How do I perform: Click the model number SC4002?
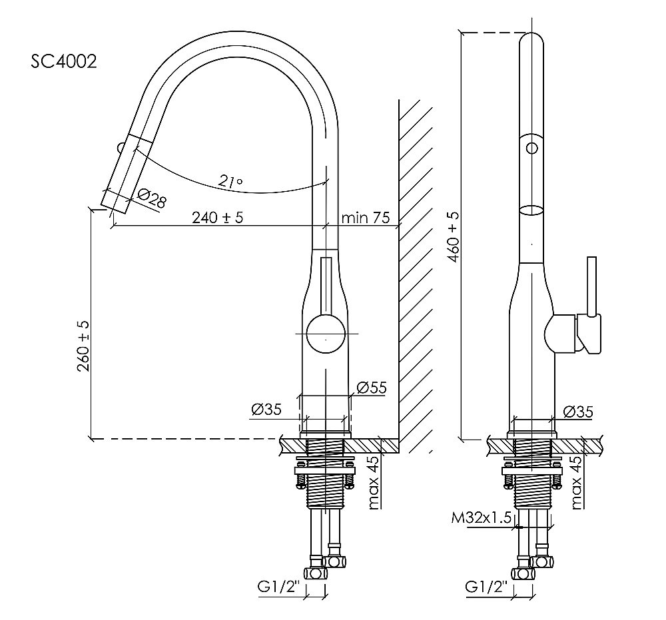click(x=64, y=61)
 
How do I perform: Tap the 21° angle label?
click(x=230, y=181)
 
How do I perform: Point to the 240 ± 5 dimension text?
click(x=218, y=217)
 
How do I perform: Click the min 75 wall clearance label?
click(x=365, y=217)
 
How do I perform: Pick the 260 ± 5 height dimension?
click(x=83, y=346)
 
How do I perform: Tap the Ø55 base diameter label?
click(x=372, y=388)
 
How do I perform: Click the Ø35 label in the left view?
click(x=266, y=410)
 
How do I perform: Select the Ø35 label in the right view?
click(x=577, y=411)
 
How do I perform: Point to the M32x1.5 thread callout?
click(x=481, y=518)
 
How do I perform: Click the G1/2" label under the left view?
click(x=278, y=587)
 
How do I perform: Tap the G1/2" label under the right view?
click(x=487, y=587)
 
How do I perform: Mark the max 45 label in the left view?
click(x=374, y=482)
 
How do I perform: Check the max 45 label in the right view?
click(x=576, y=482)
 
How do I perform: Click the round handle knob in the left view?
click(x=326, y=332)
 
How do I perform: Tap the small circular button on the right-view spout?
click(x=531, y=149)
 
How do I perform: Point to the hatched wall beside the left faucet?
click(x=416, y=276)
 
